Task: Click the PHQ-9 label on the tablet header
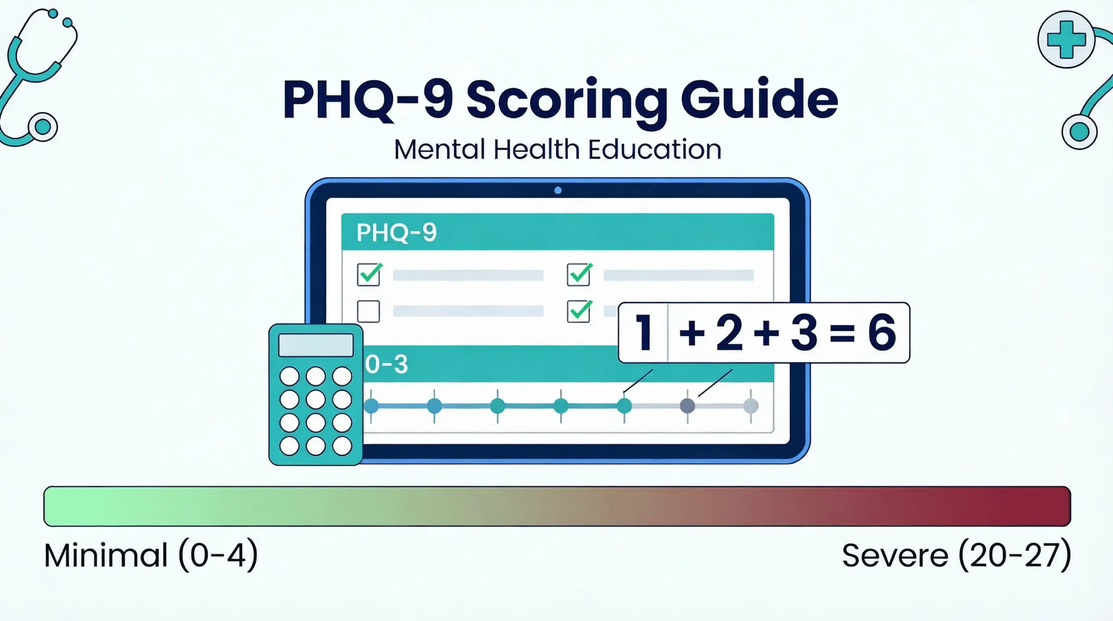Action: point(396,232)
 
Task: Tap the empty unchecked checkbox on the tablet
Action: point(368,311)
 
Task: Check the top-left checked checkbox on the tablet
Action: point(369,275)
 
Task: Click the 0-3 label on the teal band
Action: point(386,364)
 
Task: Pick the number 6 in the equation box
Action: point(882,333)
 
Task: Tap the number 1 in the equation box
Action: point(643,333)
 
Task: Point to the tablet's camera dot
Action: point(558,190)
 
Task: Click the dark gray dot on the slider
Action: point(687,406)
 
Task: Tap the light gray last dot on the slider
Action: point(751,406)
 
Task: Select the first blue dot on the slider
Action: point(371,406)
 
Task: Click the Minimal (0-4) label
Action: point(151,555)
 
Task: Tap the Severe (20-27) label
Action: point(956,555)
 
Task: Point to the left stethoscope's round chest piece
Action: point(43,127)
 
